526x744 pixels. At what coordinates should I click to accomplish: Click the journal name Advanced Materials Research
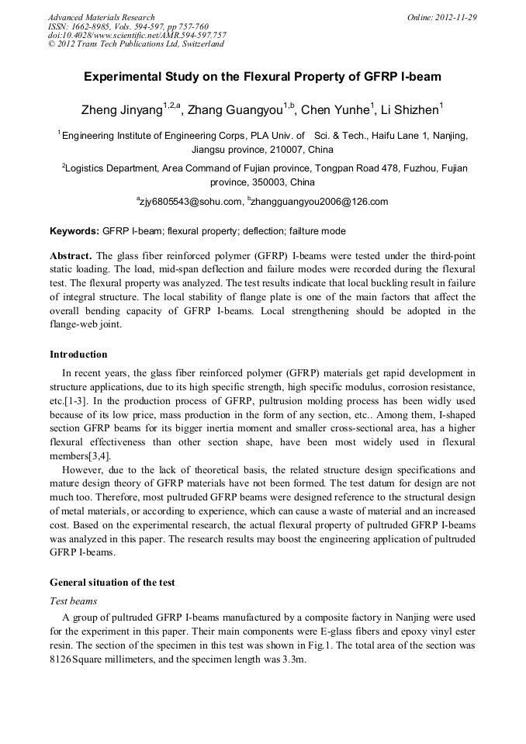tap(101, 17)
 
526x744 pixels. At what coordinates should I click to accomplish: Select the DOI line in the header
tap(137, 36)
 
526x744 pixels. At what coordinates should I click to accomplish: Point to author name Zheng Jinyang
tap(121, 109)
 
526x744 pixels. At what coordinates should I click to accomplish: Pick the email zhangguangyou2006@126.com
tap(320, 202)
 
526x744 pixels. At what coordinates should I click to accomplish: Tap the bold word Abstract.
tap(71, 256)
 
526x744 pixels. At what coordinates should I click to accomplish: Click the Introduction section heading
tap(78, 355)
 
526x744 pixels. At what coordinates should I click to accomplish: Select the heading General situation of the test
tap(112, 583)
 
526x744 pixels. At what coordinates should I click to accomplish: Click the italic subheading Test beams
tap(73, 600)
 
